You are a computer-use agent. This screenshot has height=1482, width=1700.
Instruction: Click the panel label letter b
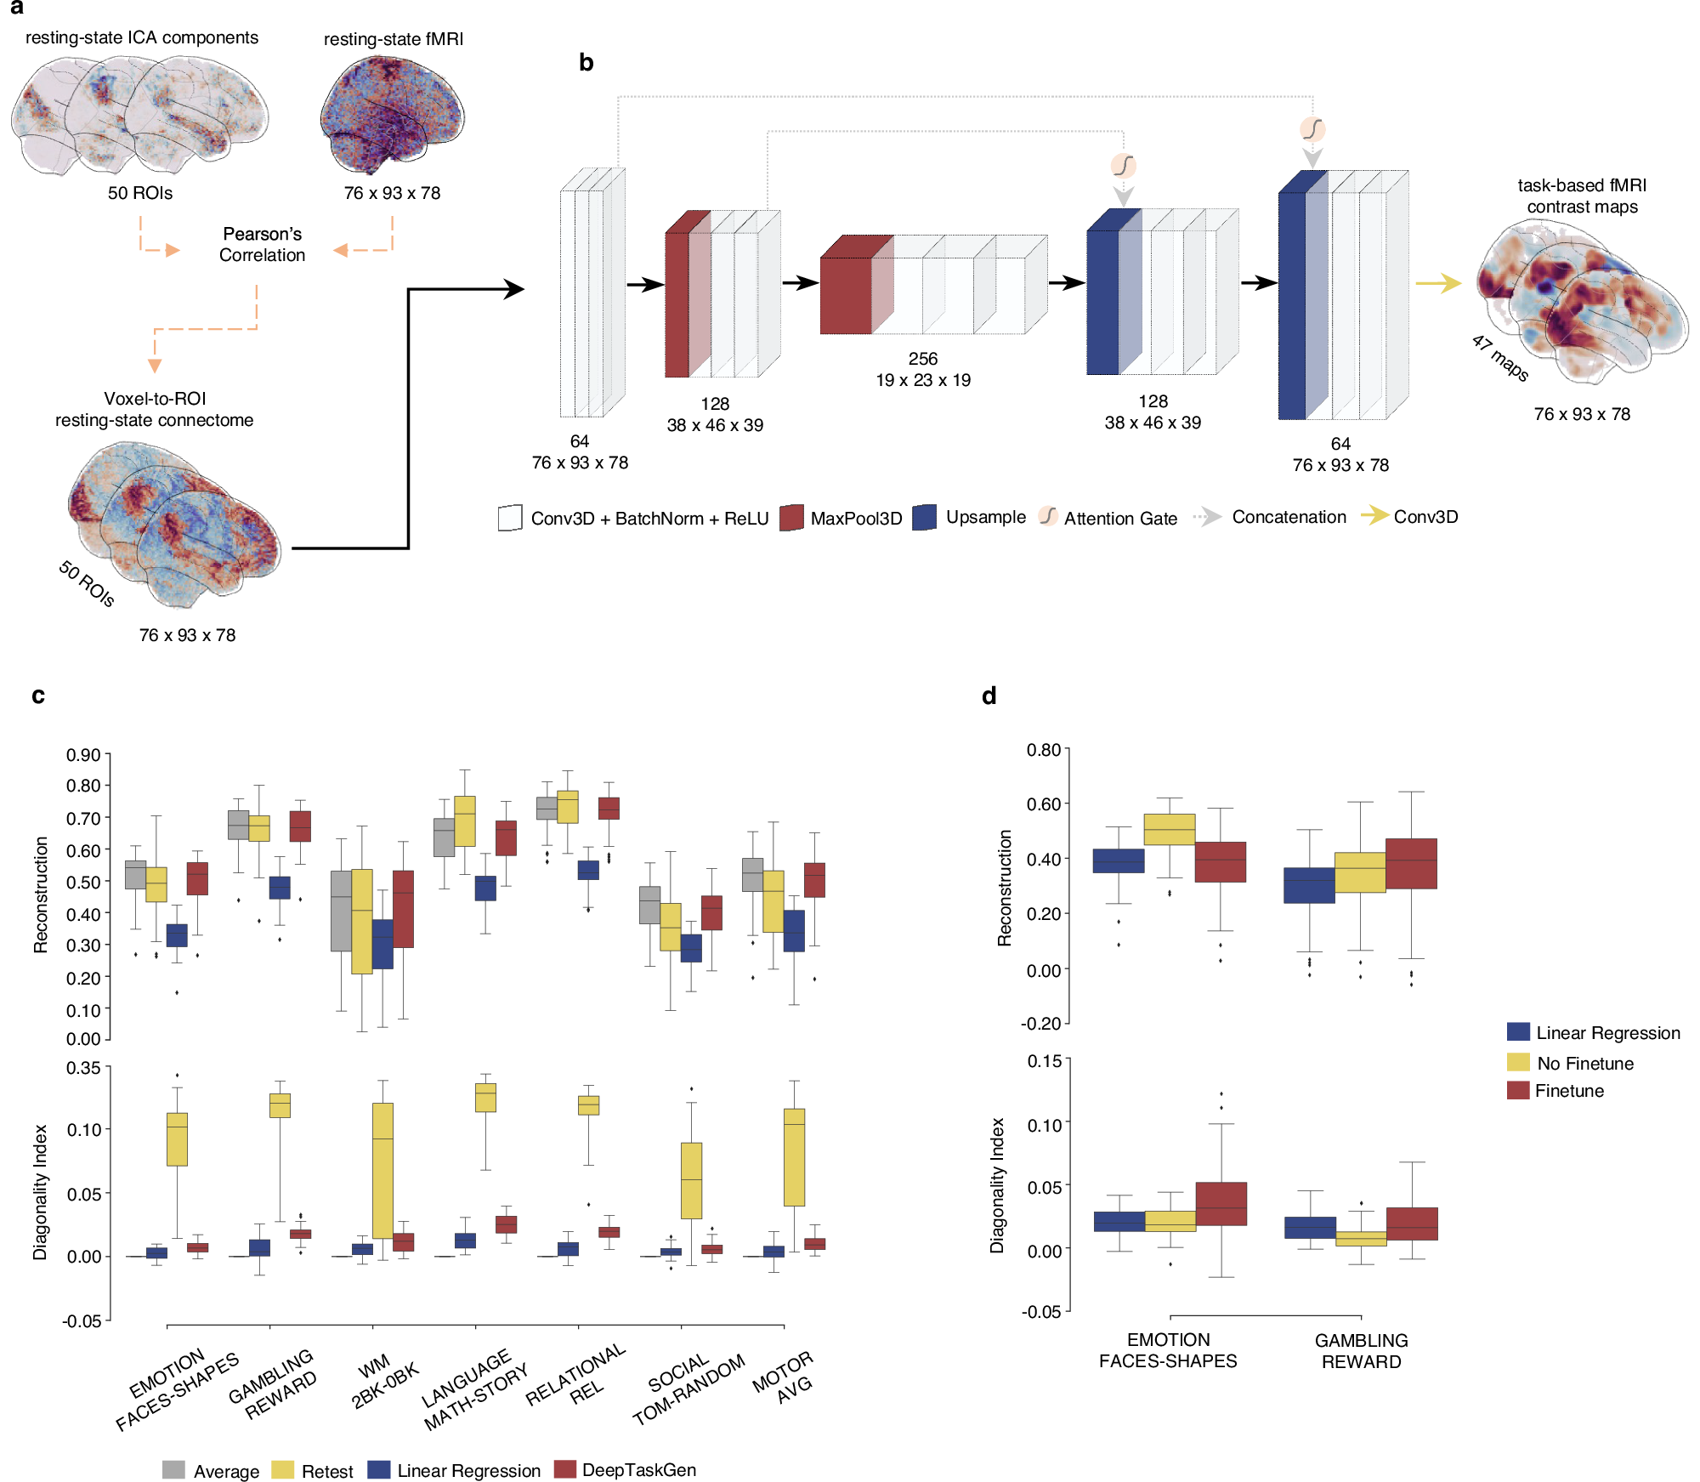pos(586,63)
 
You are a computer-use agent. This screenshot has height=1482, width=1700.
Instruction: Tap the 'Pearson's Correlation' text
pos(262,244)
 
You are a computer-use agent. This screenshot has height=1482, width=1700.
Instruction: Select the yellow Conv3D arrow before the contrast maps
pos(1437,283)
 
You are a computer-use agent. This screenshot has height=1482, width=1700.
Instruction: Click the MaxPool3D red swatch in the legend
pos(791,518)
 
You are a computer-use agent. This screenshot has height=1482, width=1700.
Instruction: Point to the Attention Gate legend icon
pos(1048,516)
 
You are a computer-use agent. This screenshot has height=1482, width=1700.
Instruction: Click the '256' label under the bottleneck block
pos(922,359)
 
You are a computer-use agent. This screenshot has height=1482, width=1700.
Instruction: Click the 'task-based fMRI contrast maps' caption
pos(1582,196)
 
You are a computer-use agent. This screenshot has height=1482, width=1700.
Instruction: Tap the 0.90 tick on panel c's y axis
pos(83,755)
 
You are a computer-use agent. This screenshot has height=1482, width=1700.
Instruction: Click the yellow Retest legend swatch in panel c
pos(282,1470)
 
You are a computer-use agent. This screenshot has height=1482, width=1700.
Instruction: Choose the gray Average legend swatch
pos(173,1470)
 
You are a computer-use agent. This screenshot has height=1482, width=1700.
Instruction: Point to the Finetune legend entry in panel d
pos(1568,1091)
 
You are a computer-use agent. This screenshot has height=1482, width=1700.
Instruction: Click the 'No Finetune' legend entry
pos(1584,1063)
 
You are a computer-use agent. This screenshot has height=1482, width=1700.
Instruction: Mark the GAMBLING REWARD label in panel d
pos(1361,1351)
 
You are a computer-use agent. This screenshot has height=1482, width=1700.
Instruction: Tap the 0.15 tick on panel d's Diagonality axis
pos(1044,1061)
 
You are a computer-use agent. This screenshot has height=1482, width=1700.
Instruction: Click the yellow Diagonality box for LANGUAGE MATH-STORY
pos(485,1098)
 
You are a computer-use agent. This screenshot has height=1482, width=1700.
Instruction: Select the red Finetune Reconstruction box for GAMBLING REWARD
pos(1411,864)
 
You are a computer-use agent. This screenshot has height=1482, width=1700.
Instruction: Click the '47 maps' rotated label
pos(1500,358)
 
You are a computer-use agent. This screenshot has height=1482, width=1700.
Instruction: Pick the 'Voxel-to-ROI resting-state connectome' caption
pos(155,409)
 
